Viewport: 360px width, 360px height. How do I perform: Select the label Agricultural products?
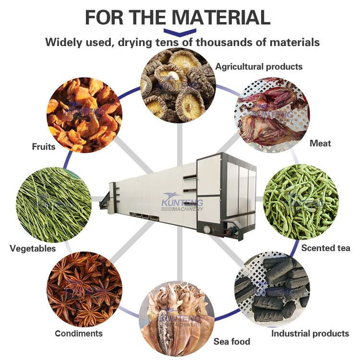[259, 66]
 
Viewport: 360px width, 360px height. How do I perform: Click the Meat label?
[320, 143]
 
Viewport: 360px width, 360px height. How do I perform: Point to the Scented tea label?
[325, 248]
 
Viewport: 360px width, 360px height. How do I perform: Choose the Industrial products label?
[310, 333]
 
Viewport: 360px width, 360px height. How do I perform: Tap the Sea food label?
[232, 342]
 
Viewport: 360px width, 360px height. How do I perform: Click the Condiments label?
[79, 333]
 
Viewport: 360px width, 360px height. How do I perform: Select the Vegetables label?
[33, 248]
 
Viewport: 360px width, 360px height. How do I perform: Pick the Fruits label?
[44, 147]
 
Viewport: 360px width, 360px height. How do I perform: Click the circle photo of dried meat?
[272, 115]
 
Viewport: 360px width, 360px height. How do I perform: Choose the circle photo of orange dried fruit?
[84, 115]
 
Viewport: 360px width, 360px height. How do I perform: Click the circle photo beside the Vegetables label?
[53, 204]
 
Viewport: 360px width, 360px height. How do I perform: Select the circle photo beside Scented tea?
[301, 202]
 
